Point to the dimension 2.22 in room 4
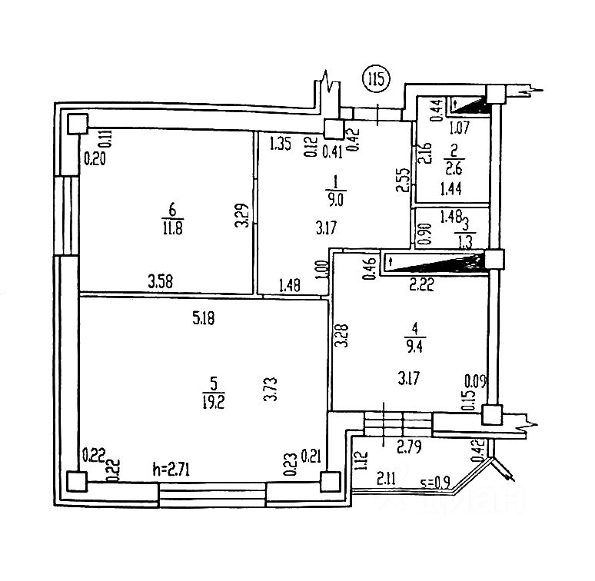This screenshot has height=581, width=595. [421, 284]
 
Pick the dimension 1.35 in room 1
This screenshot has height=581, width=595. [280, 142]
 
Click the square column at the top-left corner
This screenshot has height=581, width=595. [76, 124]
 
